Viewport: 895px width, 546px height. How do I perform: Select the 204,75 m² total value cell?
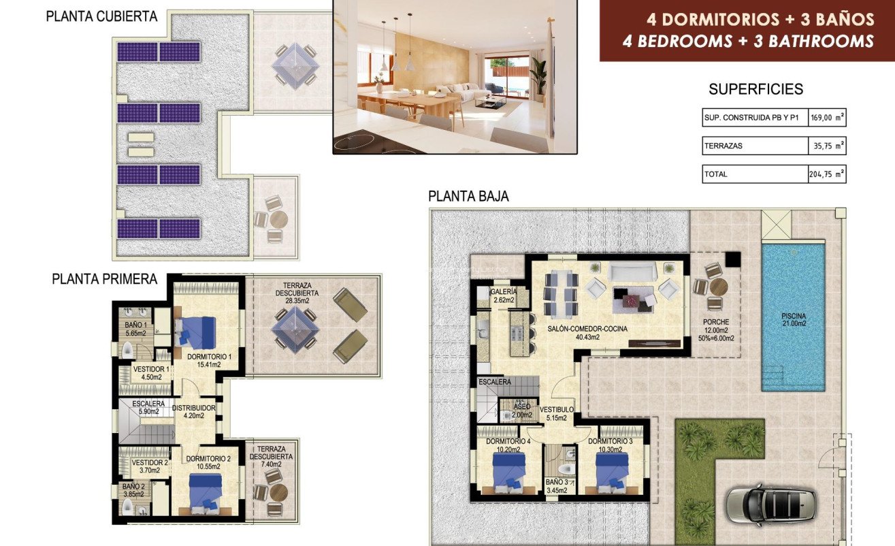coord(827,174)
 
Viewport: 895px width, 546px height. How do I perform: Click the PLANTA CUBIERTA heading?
coord(101,16)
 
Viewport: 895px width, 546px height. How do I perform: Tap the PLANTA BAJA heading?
coord(468,197)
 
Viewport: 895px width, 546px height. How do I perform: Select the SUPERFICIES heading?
coord(755,89)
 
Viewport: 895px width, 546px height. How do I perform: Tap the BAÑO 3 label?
coord(558,482)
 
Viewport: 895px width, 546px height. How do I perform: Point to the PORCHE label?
coord(717,322)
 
